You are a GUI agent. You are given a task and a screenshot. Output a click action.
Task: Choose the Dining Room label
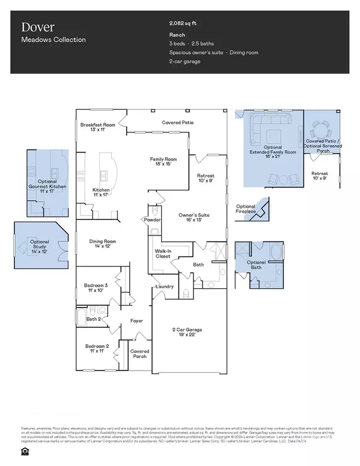[x=103, y=244]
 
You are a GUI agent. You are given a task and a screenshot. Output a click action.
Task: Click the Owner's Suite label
[x=194, y=217]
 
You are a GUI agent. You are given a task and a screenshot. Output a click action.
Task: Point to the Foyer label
[x=137, y=321]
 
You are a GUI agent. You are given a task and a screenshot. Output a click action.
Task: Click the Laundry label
[x=165, y=286]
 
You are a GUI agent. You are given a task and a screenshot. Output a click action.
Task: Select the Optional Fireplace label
[x=245, y=209]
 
